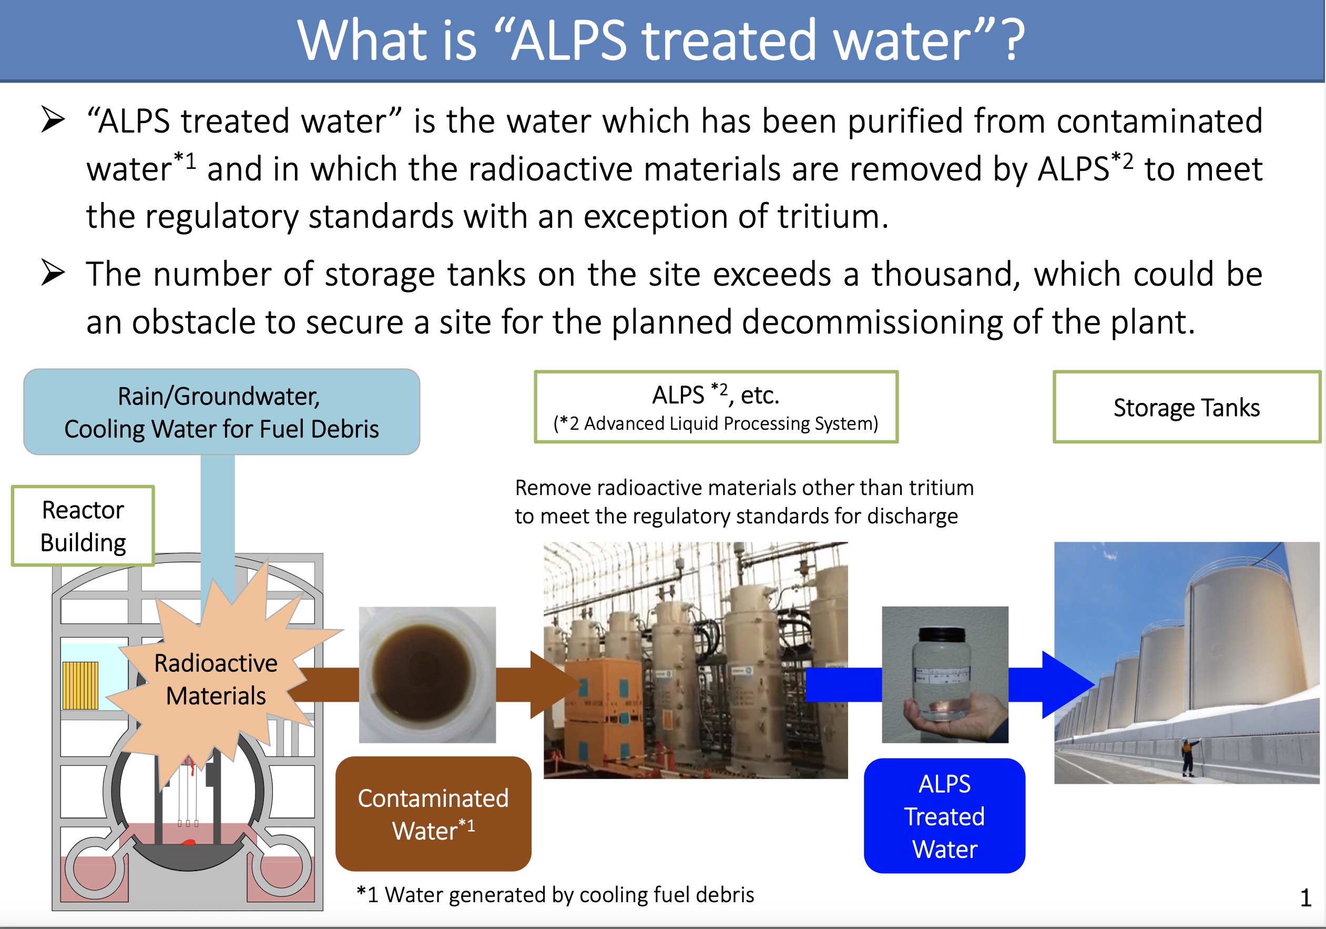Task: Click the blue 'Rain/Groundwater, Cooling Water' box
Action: (222, 412)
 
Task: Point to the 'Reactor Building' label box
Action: (83, 526)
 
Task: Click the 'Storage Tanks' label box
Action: (1187, 407)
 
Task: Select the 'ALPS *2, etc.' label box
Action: (716, 407)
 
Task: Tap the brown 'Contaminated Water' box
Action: (433, 813)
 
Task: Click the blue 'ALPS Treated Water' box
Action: (945, 816)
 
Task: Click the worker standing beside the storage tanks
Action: (1187, 757)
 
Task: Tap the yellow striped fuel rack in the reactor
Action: (80, 686)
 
